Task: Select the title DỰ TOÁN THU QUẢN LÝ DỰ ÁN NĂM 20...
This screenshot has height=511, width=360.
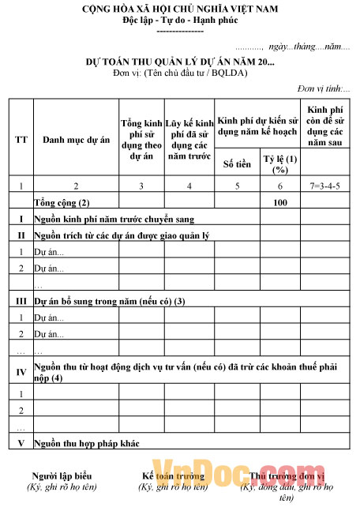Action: click(180, 62)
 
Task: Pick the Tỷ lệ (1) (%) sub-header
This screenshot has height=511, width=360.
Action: click(279, 163)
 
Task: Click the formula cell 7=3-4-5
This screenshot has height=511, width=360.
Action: click(326, 186)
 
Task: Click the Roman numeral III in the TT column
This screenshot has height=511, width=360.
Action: click(21, 301)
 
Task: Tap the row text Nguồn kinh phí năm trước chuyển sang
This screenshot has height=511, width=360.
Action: click(114, 218)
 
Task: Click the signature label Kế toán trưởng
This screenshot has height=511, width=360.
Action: click(173, 476)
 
